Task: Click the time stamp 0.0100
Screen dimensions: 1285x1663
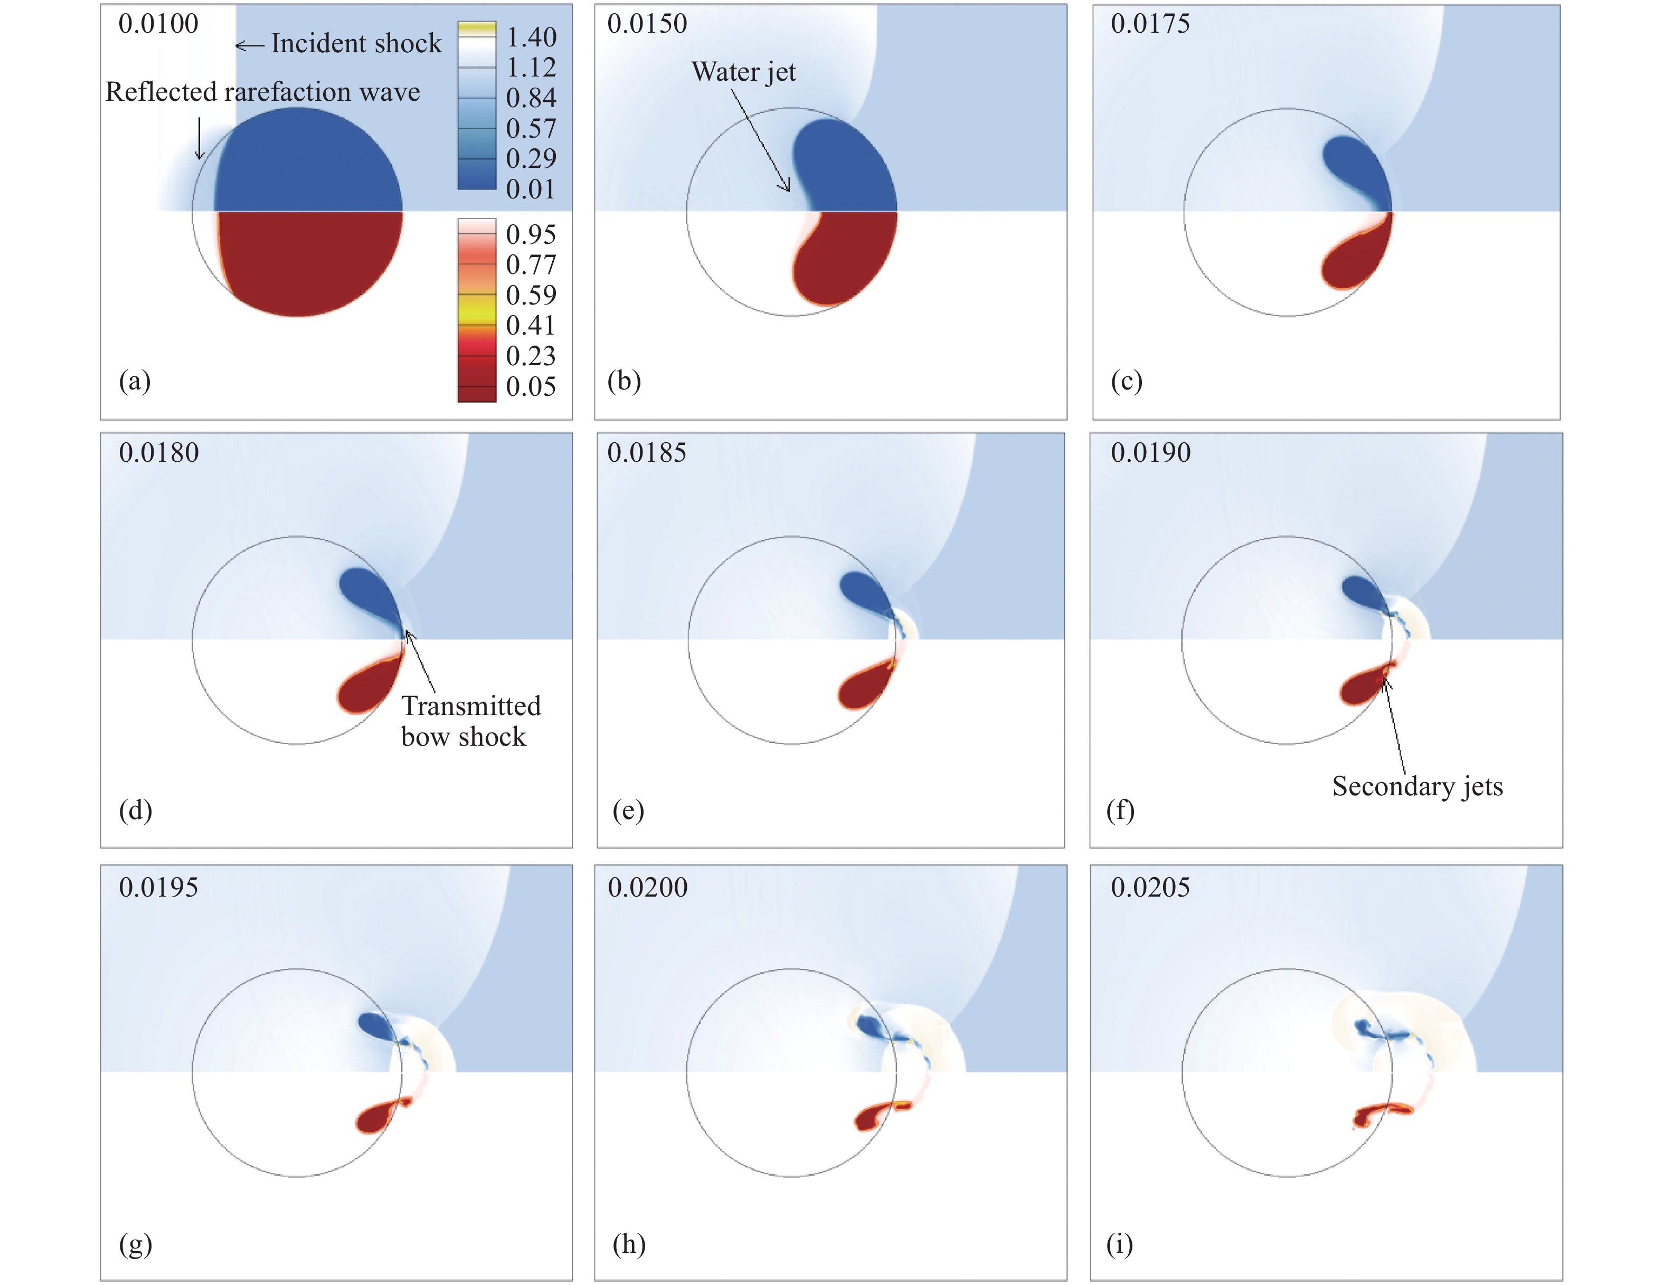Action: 158,24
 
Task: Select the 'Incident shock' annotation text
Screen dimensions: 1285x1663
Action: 356,43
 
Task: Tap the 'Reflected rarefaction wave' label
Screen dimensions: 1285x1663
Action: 263,92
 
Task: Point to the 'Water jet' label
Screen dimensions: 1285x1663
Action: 743,72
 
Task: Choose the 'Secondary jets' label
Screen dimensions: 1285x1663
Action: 1417,786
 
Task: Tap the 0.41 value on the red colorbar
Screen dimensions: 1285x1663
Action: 532,326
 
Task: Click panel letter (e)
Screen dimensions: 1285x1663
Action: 628,810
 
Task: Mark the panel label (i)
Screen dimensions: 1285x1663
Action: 1119,1244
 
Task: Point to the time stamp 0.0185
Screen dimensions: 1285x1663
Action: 647,453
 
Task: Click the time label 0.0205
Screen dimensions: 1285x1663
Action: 1150,888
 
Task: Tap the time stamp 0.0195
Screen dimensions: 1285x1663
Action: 158,888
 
